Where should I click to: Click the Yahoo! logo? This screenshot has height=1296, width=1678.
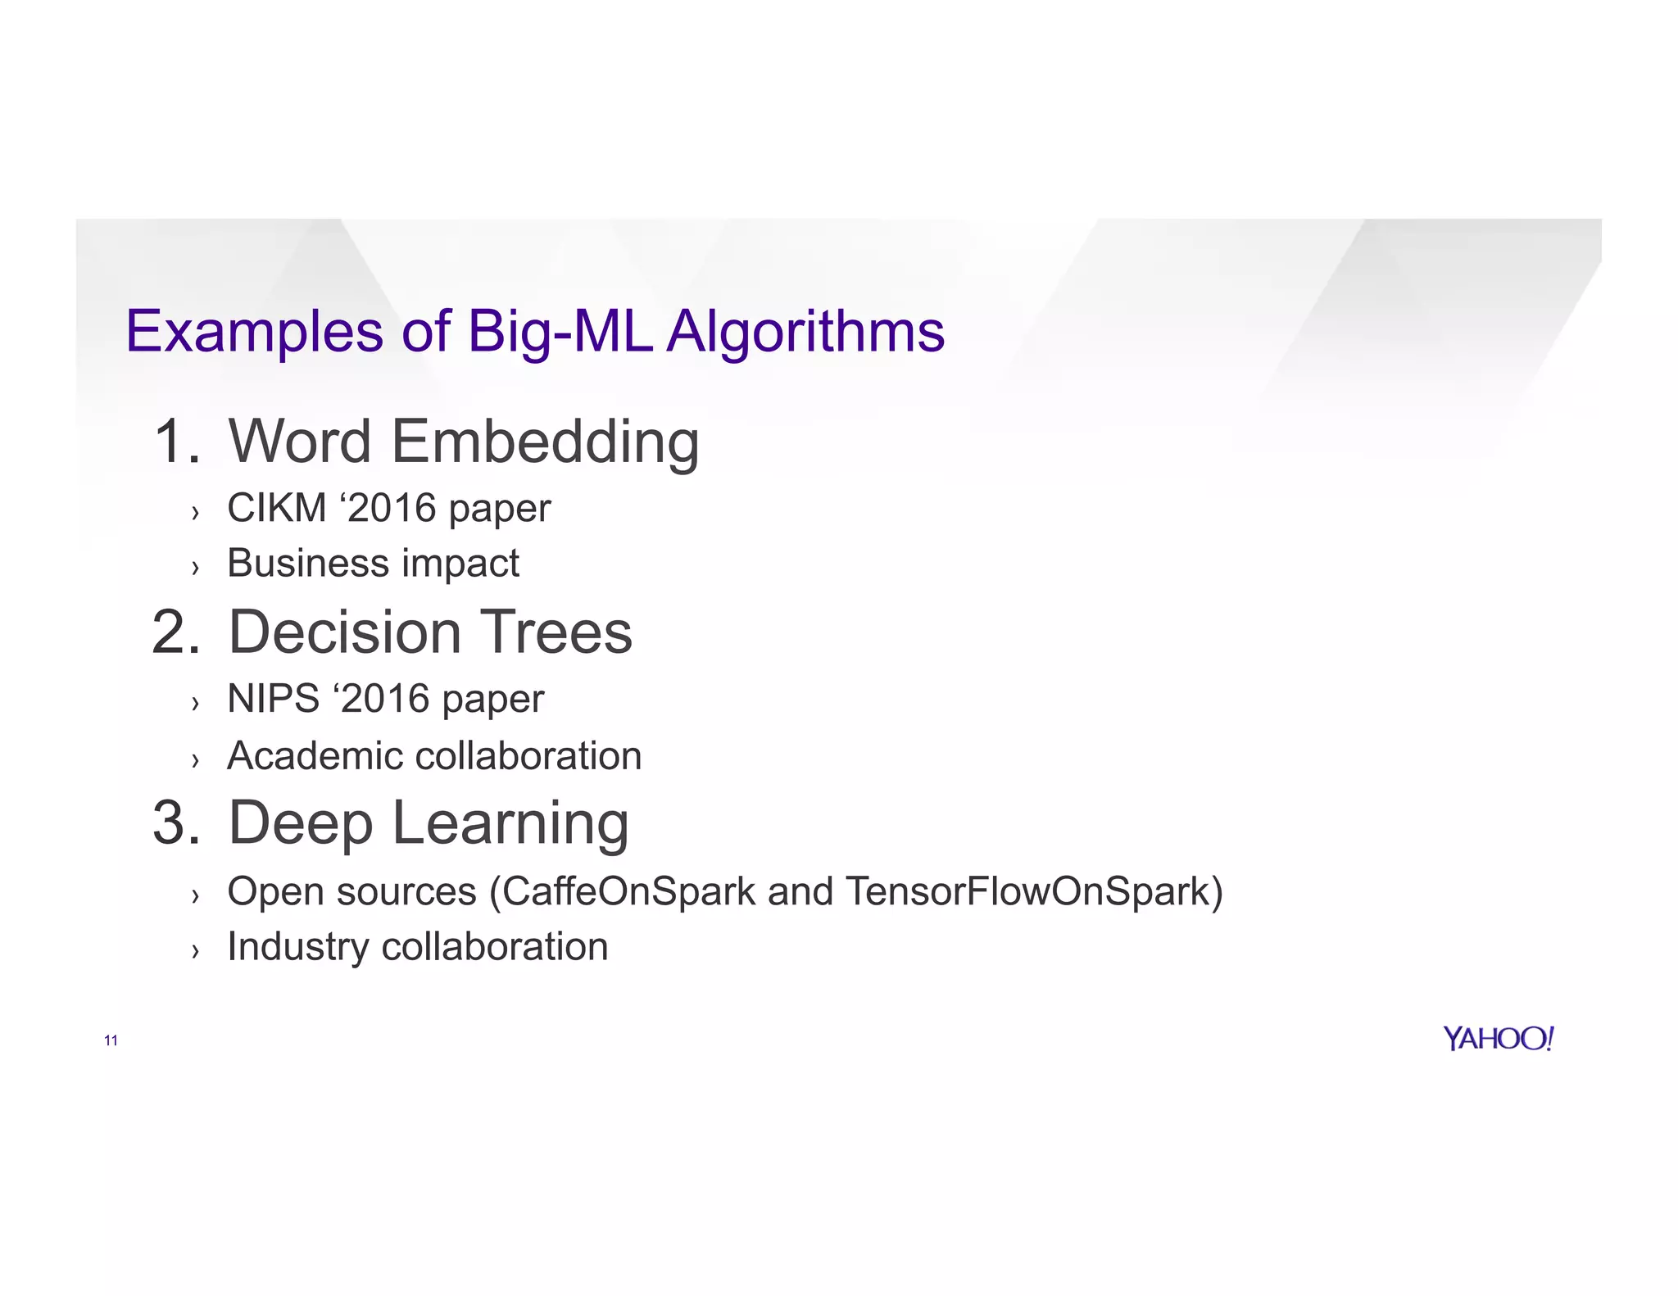1498,1039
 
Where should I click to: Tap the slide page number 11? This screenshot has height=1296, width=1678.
111,1040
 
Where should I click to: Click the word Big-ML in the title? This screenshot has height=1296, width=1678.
560,332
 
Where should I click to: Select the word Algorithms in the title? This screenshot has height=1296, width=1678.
805,332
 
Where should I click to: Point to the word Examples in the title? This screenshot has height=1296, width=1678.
254,332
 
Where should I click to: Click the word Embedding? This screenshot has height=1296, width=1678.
545,442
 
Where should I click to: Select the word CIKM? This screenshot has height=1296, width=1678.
277,508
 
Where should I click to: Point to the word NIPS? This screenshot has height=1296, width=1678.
273,699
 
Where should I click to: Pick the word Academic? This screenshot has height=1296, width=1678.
315,755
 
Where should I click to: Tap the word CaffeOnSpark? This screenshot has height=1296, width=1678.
628,891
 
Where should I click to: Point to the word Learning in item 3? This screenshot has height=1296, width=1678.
510,822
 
